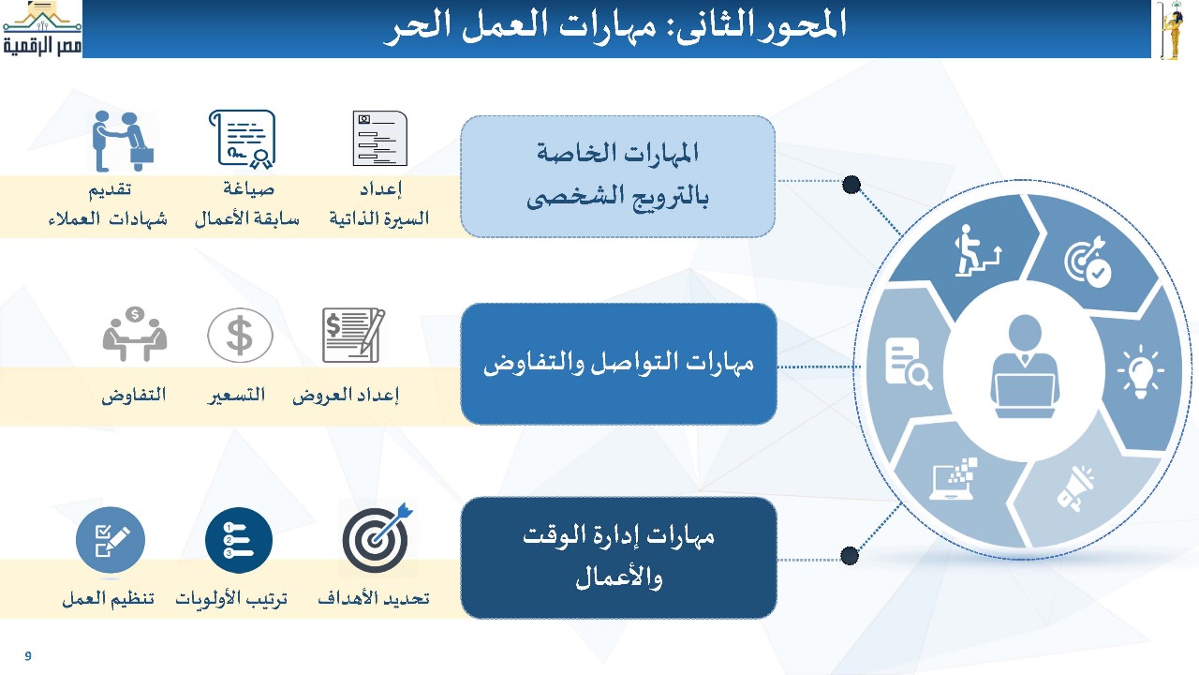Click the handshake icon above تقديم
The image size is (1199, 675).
click(123, 141)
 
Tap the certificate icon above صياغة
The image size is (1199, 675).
click(243, 140)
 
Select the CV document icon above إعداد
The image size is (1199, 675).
click(380, 138)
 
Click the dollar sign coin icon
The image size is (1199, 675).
click(240, 336)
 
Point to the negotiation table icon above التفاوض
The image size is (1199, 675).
click(134, 334)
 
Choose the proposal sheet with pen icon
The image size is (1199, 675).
click(353, 336)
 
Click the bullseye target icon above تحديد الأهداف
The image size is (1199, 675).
click(377, 537)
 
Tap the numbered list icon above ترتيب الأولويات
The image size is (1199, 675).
click(239, 540)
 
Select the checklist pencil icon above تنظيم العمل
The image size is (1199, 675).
click(111, 540)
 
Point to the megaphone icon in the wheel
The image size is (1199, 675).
click(1075, 487)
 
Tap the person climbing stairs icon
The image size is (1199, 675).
click(977, 250)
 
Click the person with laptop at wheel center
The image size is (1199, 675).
click(1025, 367)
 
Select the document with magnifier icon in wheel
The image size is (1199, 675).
click(909, 363)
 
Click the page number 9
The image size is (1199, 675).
click(28, 655)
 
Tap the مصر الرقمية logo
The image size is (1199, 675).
click(42, 29)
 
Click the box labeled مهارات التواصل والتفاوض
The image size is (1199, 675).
click(618, 365)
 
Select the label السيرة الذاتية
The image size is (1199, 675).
click(379, 218)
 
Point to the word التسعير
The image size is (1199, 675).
click(237, 396)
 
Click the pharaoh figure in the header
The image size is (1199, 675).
click(1171, 30)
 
